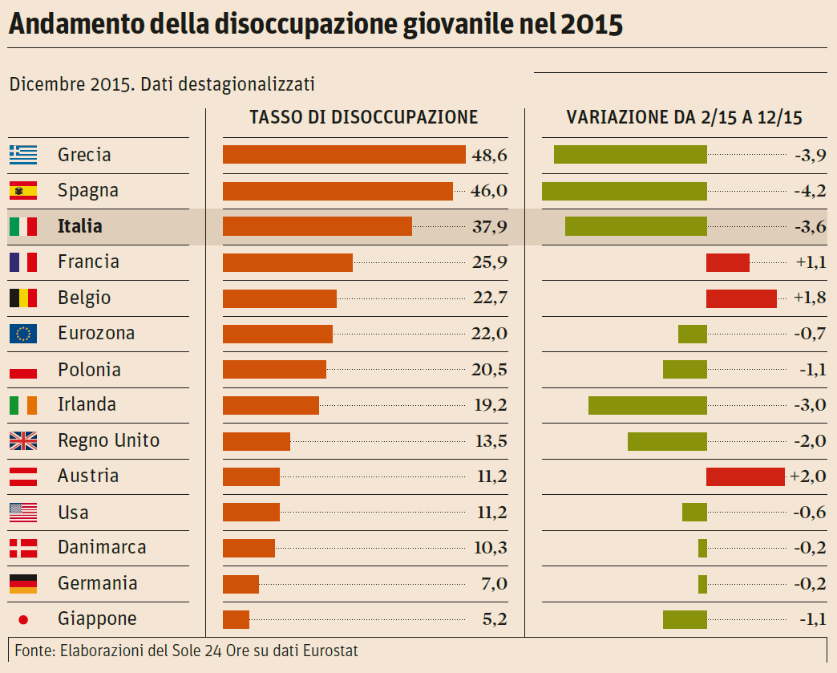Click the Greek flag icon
23,155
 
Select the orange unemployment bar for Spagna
338,191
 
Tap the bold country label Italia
80,226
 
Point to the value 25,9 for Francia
489,262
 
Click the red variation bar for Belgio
742,298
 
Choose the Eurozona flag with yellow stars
23,334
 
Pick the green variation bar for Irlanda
648,405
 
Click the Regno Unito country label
108,440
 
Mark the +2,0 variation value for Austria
808,476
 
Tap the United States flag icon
23,512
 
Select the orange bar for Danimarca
249,548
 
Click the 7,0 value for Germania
494,584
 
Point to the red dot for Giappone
23,619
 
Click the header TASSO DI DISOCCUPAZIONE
363,117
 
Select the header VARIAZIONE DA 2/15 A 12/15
684,117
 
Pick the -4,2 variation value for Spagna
810,191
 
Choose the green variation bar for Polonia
685,370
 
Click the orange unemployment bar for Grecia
344,155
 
